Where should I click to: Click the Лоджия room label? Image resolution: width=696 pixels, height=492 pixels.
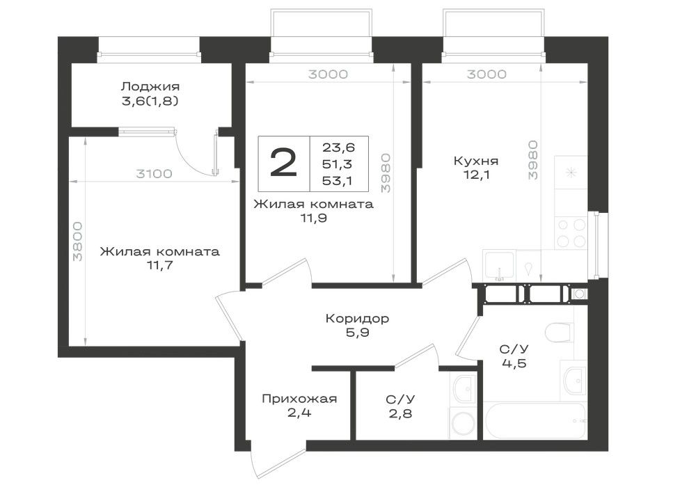point(150,86)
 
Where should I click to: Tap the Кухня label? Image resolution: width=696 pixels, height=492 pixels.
point(475,161)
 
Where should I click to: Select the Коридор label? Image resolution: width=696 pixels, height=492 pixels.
point(357,319)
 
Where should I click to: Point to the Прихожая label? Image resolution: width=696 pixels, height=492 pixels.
point(299,398)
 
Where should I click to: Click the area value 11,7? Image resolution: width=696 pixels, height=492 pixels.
point(159,265)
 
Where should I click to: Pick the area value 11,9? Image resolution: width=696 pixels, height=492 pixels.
point(313,219)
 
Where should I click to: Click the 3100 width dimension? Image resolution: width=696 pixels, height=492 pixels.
point(154,173)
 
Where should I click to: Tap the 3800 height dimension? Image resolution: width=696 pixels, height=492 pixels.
point(78,241)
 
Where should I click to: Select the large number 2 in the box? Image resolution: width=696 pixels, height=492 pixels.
point(283,164)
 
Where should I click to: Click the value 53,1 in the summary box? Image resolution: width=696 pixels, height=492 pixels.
point(338,180)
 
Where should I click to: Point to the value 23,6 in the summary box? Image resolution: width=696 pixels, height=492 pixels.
point(339,147)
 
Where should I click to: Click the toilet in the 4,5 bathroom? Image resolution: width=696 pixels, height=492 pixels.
point(557,332)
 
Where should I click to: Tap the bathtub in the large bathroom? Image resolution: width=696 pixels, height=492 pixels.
point(535,420)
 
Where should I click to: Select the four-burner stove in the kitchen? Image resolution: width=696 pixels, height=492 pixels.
point(571,233)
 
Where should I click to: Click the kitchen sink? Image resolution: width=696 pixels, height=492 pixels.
point(500,265)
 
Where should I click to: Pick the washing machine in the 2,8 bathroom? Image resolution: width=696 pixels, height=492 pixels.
point(464,422)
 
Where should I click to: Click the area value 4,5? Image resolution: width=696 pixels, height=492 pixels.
point(514,363)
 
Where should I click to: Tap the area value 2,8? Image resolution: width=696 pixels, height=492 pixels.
point(400,414)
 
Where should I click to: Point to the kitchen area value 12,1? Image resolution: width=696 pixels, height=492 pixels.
point(475,175)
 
